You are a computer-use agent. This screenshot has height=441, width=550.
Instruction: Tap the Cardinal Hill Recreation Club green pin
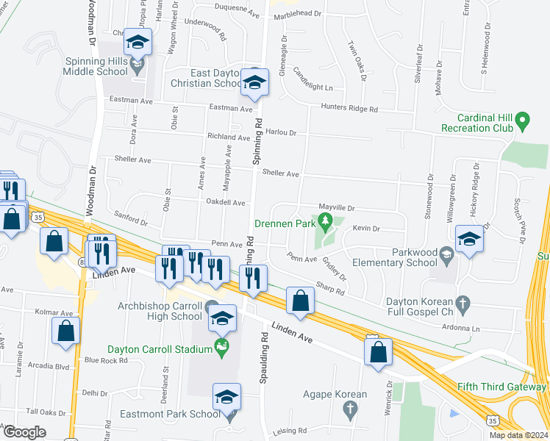522,120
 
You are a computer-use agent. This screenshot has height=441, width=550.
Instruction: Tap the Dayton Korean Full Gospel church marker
463,302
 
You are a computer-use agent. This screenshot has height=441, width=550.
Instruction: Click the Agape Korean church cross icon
351,409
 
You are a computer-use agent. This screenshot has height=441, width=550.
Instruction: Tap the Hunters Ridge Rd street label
349,108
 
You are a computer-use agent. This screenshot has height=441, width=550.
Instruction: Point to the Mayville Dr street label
336,208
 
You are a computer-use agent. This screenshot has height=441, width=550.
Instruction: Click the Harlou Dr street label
280,133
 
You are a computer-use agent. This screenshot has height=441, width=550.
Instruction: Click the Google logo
25,431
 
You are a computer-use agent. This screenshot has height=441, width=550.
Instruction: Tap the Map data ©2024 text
518,435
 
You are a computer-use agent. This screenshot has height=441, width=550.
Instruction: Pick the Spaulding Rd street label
262,364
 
